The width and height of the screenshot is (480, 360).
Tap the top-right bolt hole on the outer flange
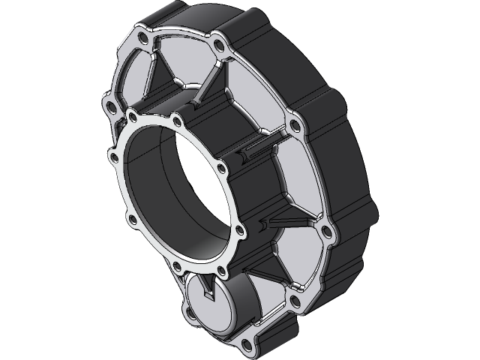(x=218, y=48)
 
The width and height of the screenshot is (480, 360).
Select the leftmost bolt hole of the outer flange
(x=111, y=106)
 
